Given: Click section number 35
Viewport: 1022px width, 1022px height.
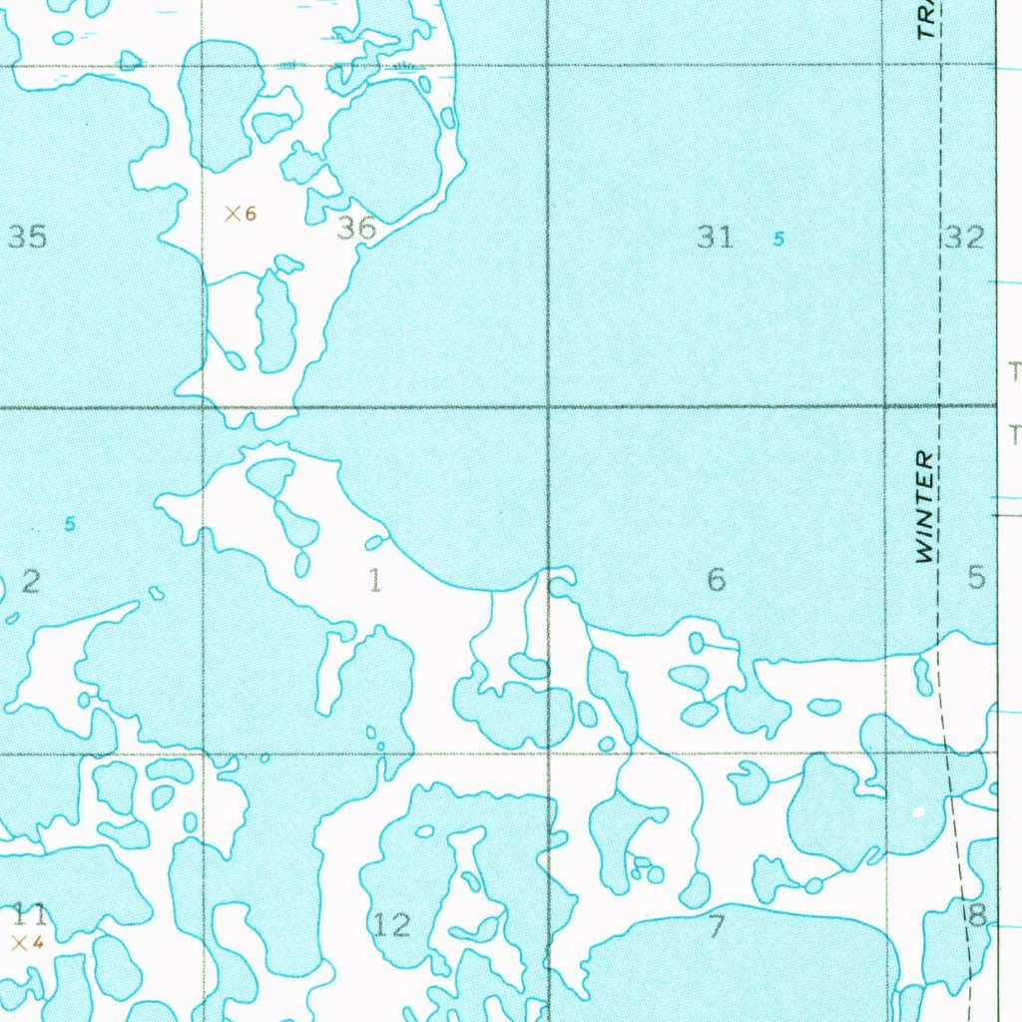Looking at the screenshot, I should click(27, 237).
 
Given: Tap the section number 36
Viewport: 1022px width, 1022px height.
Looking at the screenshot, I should click(356, 229).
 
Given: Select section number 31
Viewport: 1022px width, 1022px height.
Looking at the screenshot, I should click(716, 237).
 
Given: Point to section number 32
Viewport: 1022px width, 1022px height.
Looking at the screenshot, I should click(964, 237).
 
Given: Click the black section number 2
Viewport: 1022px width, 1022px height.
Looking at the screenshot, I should click(31, 581).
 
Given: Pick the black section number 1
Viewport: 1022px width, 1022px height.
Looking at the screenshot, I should click(375, 580).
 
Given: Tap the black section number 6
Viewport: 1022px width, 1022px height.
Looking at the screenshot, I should click(716, 579).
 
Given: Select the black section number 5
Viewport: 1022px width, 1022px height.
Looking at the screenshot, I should click(976, 577).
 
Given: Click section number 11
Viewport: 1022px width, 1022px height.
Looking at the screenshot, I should click(29, 914).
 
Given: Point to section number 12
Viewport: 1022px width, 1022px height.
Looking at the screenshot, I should click(391, 925).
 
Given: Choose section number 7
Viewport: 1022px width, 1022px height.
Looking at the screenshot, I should click(716, 926).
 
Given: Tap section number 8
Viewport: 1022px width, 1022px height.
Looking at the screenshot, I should click(977, 914).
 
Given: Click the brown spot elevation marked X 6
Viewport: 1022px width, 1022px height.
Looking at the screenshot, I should click(240, 213).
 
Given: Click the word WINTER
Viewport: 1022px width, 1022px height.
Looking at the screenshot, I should click(925, 507).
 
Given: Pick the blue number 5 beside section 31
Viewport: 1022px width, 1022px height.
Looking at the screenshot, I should click(778, 239).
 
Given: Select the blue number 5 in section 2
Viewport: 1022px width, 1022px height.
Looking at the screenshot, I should click(69, 524).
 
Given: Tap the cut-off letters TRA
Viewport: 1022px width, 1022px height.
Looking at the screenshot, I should click(928, 18).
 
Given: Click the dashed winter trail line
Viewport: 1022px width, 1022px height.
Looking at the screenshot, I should click(940, 299).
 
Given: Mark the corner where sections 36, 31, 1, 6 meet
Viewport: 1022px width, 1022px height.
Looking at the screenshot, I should click(548, 407).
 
